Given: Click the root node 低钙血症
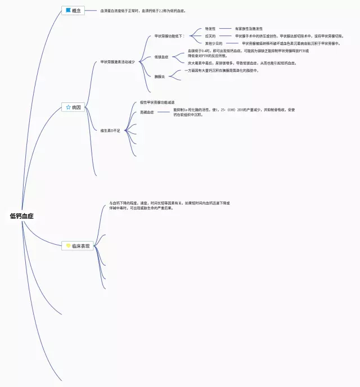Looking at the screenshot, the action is pos(22,215).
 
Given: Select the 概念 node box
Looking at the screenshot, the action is pos(73,10).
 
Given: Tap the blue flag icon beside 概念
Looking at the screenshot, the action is pos(68,10).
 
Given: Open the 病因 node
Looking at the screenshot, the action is pos(73,107).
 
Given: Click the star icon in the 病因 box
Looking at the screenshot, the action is pos(68,107).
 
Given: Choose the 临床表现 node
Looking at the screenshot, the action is pos(77,246).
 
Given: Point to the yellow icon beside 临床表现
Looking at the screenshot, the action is pos(68,246).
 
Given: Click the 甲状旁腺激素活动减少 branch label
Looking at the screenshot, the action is pos(118,62).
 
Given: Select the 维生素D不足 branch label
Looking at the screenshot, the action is pos(110,130).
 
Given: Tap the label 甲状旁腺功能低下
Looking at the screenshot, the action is pos(169,36).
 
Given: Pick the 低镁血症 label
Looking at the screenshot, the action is pos(161,57).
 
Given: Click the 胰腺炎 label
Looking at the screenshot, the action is pos(160,76).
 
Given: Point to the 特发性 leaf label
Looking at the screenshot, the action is pos(210,28).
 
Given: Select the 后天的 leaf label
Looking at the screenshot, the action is pos(210,36).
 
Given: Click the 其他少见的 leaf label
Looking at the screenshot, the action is pos(214,43).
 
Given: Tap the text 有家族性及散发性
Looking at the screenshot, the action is pos(249,28).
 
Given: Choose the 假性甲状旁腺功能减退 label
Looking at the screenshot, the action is pos(157,102).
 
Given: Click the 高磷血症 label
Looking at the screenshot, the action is pos(147,112).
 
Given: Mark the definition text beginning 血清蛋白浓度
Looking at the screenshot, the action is pos(143,11).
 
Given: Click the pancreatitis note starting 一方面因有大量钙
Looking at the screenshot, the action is pos(222,71).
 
